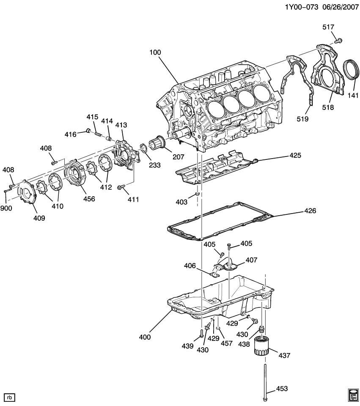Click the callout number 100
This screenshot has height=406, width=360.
click(x=155, y=52)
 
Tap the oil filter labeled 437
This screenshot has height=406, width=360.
click(x=261, y=346)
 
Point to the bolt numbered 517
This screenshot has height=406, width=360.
click(x=338, y=41)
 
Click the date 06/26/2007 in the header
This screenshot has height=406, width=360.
click(x=341, y=7)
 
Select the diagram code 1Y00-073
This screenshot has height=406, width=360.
click(x=302, y=7)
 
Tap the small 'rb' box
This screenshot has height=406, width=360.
click(x=10, y=397)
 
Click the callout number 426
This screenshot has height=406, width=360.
click(x=310, y=211)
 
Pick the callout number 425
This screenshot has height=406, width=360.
click(x=295, y=155)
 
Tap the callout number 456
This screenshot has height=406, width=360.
click(x=89, y=199)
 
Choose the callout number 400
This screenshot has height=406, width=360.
click(x=145, y=337)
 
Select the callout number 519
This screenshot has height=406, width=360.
click(x=303, y=119)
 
